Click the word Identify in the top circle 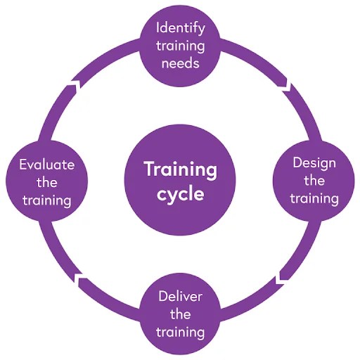tap(181, 29)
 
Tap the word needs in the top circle tap(181, 63)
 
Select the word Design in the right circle tap(314, 164)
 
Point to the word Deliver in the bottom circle tap(180, 297)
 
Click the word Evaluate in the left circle tap(47, 165)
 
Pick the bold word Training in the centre tap(181, 170)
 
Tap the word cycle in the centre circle tap(181, 195)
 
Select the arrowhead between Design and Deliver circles tap(281, 278)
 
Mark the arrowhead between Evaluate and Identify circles tap(75, 85)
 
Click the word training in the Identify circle tap(181, 46)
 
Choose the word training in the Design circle tap(314, 199)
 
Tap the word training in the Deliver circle tap(180, 333)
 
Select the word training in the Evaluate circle tap(47, 201)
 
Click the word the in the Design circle tap(314, 181)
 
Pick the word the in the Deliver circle tap(180, 314)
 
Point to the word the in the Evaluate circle tap(47, 182)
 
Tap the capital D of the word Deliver tap(163, 297)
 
